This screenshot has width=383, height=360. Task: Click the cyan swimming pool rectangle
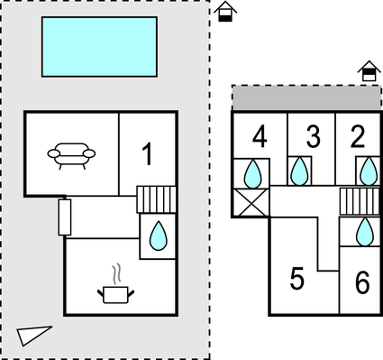(99, 46)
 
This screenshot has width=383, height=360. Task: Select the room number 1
(148, 154)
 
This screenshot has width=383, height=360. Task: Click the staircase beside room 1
(156, 198)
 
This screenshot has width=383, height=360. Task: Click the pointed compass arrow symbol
(34, 335)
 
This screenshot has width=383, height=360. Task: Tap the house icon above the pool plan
(226, 12)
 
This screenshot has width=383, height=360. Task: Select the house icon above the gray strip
(368, 71)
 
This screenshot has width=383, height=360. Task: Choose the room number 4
(260, 137)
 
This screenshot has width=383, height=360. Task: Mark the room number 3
(312, 137)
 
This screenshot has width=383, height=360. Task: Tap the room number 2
(358, 137)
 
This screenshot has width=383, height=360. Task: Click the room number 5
(297, 279)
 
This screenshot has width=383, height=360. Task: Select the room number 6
(362, 283)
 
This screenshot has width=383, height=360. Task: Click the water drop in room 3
(300, 171)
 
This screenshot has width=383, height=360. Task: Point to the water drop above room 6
(365, 232)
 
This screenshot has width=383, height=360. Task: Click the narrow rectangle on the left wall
(64, 217)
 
